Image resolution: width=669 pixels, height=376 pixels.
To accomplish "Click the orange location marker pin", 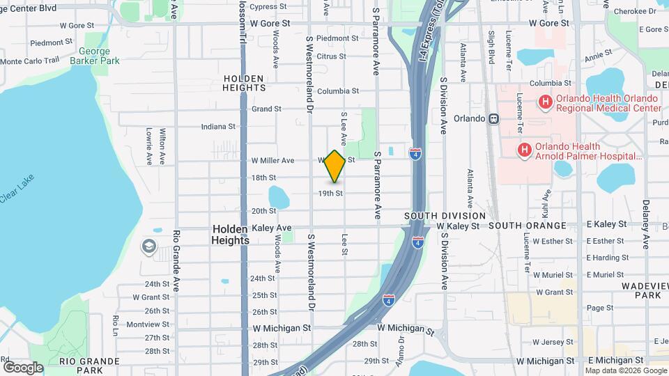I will [334, 166].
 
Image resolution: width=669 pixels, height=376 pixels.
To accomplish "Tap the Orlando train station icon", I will [493, 118].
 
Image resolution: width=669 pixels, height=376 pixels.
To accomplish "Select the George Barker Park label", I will [99, 56].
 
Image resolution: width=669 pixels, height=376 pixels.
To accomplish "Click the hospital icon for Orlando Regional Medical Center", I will [545, 102].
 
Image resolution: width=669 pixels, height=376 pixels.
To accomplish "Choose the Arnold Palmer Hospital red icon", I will [524, 150].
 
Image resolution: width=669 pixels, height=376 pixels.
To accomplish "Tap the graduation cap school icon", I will [148, 246].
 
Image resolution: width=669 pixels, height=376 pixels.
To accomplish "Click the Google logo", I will [23, 367].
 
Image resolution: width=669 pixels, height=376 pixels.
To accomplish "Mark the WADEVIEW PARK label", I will [643, 290].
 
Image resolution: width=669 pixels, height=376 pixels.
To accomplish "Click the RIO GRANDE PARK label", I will [82, 366].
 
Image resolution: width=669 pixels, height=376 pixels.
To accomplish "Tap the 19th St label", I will [330, 193].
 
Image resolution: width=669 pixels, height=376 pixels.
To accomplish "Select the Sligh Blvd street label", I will [491, 44].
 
